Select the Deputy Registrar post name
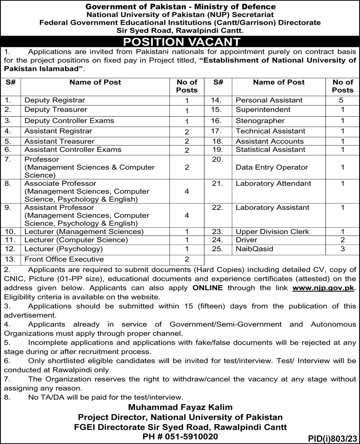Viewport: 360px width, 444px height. click(55, 100)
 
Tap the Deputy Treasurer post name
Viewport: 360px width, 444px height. click(56, 110)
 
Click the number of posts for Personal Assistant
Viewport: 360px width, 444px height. click(342, 100)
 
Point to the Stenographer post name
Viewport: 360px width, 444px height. click(260, 121)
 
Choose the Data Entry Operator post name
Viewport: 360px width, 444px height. click(272, 167)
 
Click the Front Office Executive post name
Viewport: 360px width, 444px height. click(64, 259)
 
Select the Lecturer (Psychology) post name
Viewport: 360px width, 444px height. click(64, 249)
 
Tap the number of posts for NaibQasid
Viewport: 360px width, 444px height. click(342, 249)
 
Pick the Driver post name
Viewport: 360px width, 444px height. click(246, 240)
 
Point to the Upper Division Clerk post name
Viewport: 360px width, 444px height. click(272, 232)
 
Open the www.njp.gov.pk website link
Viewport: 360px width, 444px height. click(323, 287)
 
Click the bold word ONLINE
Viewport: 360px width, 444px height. click(208, 287)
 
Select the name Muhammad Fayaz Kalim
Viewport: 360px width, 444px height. click(180, 407)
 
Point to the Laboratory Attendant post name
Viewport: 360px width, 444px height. click(273, 184)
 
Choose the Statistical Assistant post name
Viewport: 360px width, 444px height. click(270, 149)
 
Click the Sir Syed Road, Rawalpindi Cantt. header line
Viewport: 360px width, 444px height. click(180, 30)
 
